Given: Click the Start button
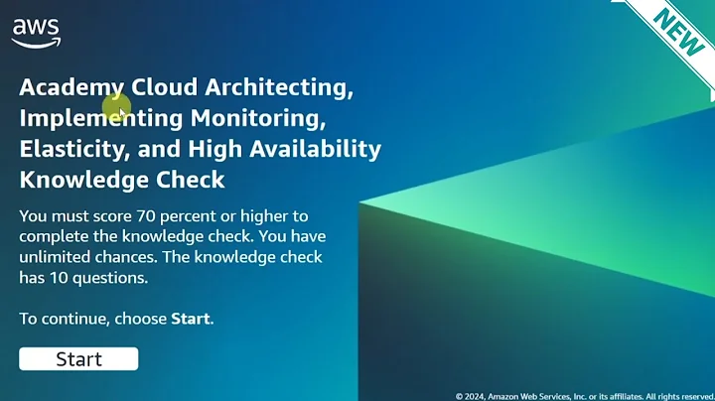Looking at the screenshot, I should tap(78, 359).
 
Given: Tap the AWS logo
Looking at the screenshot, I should tap(36, 33).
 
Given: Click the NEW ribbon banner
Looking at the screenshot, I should tap(679, 33).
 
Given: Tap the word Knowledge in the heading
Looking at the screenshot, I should tap(83, 180).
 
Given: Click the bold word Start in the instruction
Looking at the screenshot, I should tap(191, 320).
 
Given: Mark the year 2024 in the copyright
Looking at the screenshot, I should tap(475, 396).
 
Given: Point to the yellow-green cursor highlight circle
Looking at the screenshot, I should tap(116, 106).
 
